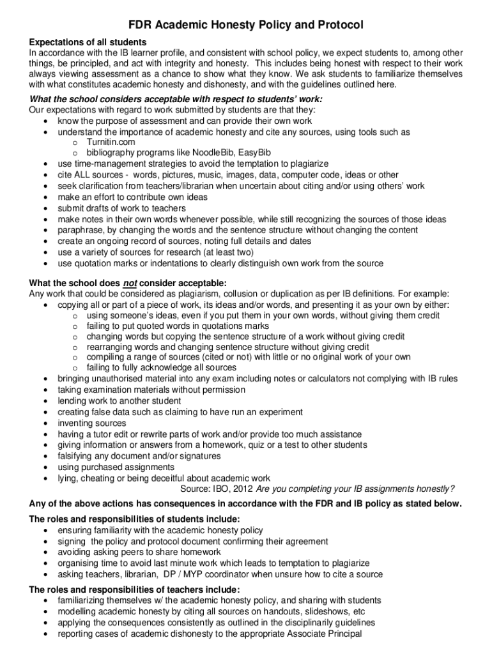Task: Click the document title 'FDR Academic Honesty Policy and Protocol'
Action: click(x=246, y=25)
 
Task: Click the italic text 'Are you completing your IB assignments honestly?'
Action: click(x=355, y=489)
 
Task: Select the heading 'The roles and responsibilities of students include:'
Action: click(x=135, y=519)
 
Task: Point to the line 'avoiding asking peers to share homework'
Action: click(x=139, y=552)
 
